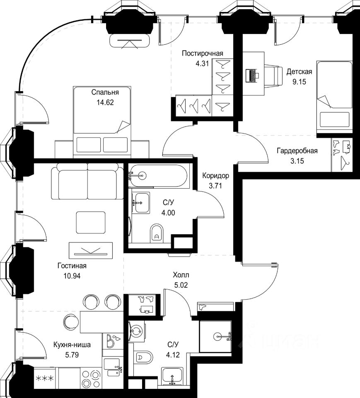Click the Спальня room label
click(105, 92)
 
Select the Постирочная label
click(203, 53)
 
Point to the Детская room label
click(299, 72)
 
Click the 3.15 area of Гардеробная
click(297, 161)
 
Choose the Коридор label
click(215, 176)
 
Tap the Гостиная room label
click(72, 266)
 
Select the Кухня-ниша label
click(72, 345)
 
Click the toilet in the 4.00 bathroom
click(157, 233)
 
